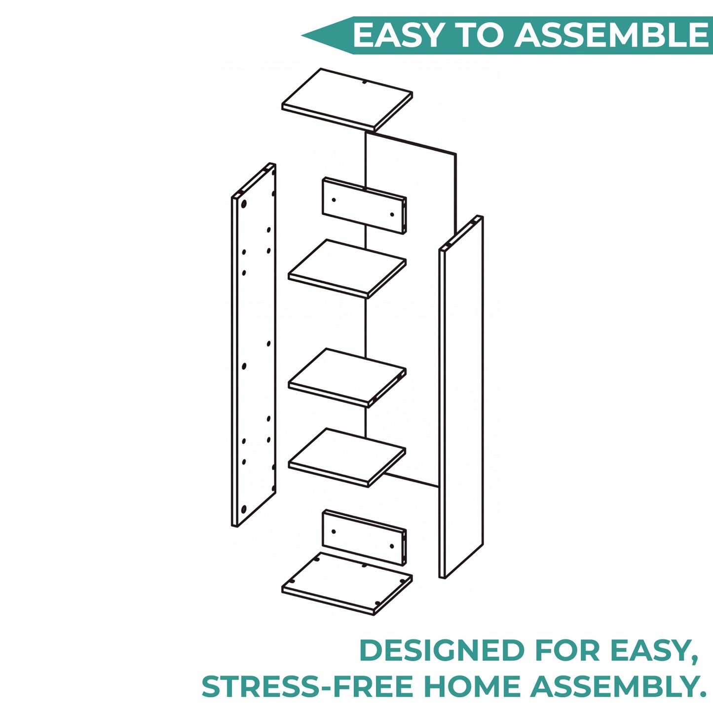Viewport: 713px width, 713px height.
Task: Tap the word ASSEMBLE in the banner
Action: point(611,35)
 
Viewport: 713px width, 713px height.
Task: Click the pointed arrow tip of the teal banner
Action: point(302,36)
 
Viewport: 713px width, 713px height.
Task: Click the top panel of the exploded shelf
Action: point(347,99)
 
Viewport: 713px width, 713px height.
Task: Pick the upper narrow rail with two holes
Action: point(365,205)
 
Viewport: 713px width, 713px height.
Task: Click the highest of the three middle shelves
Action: point(347,268)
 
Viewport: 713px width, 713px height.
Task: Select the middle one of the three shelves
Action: point(347,377)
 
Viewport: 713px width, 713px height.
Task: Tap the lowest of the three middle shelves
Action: point(347,458)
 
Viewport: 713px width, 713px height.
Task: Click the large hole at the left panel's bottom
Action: point(244,510)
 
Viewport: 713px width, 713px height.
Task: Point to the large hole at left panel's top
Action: point(244,204)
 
